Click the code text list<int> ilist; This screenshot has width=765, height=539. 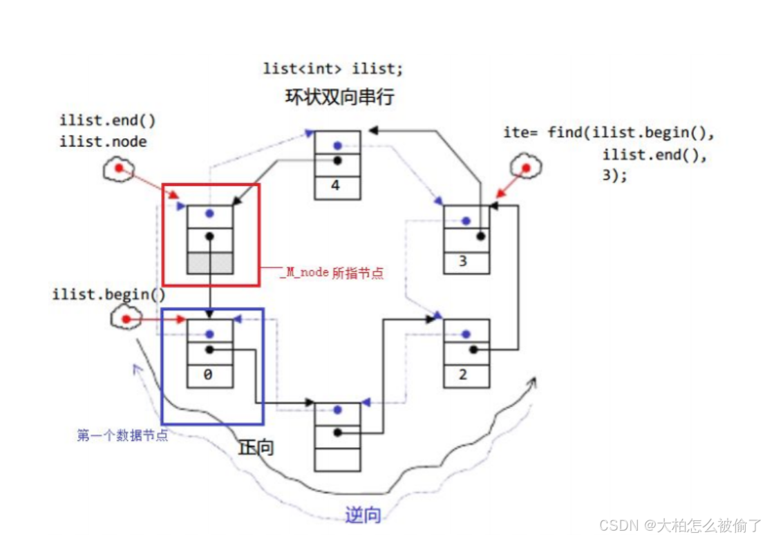(x=332, y=68)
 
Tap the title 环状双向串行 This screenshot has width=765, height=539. (x=339, y=97)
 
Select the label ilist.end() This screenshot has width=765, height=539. (x=108, y=121)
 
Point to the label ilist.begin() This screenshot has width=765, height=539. (x=109, y=295)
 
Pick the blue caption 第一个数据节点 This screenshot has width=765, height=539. (x=122, y=436)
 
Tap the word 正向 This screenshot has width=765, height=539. (x=256, y=447)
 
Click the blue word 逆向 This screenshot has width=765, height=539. (x=363, y=514)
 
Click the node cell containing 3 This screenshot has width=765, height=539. (x=466, y=262)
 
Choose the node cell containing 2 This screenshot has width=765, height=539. (x=466, y=375)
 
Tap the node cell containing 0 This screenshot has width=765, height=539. (x=210, y=375)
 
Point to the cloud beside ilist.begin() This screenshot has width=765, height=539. (x=125, y=319)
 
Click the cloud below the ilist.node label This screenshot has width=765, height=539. (x=118, y=168)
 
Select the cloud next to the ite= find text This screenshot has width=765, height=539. (x=525, y=167)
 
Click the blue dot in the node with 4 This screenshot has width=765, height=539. (x=337, y=146)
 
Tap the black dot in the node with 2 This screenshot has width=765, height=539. (x=473, y=350)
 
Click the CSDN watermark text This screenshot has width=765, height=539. (x=680, y=526)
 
